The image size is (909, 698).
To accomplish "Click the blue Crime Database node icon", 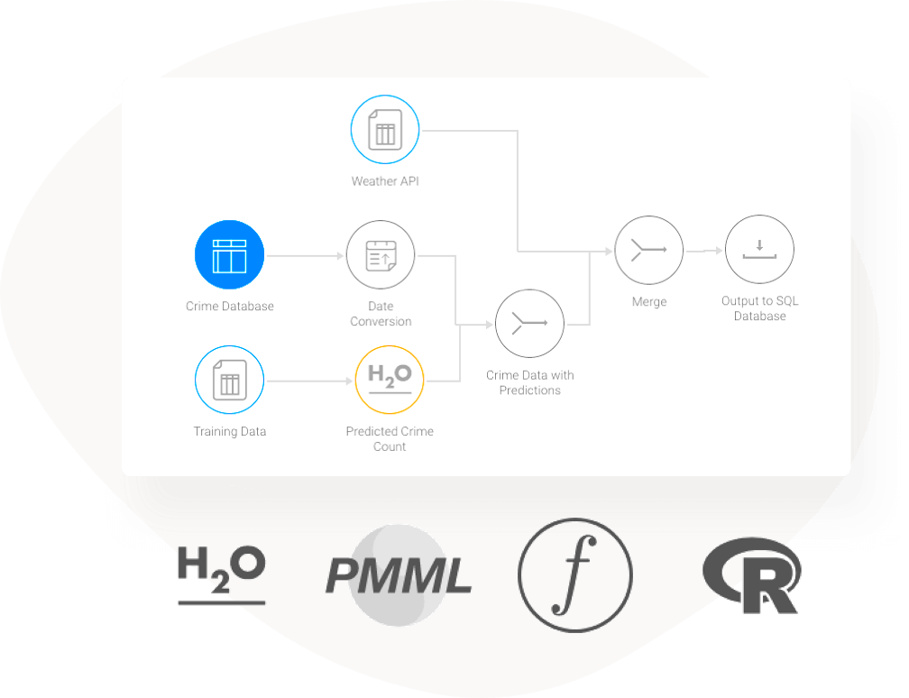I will click(x=229, y=255).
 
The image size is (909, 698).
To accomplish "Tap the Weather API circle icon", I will click(x=385, y=131).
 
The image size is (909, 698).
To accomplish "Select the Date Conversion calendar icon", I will click(x=381, y=255).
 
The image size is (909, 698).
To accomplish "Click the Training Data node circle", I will click(x=229, y=381).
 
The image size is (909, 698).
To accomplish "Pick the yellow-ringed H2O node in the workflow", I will click(x=390, y=381).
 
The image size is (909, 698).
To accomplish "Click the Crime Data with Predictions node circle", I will click(x=529, y=324).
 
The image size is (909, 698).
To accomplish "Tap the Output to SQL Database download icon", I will click(x=759, y=250).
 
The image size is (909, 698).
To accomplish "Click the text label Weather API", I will click(x=385, y=181).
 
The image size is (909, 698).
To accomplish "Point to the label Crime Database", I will click(x=229, y=307).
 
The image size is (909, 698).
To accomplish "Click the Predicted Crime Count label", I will click(x=390, y=439).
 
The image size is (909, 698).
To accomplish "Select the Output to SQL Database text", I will click(x=759, y=308).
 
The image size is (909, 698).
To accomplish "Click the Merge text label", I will click(x=648, y=302).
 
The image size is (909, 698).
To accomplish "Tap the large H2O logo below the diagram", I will click(x=222, y=574).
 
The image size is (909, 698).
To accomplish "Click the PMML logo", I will click(x=398, y=575).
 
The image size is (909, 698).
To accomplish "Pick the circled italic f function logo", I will click(x=574, y=575).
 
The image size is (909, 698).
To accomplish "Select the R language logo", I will click(x=752, y=577).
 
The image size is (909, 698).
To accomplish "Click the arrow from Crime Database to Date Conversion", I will click(x=307, y=256).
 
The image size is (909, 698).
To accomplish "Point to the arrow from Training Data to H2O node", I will click(x=308, y=381).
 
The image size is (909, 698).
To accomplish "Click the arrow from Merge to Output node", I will click(x=704, y=252).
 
